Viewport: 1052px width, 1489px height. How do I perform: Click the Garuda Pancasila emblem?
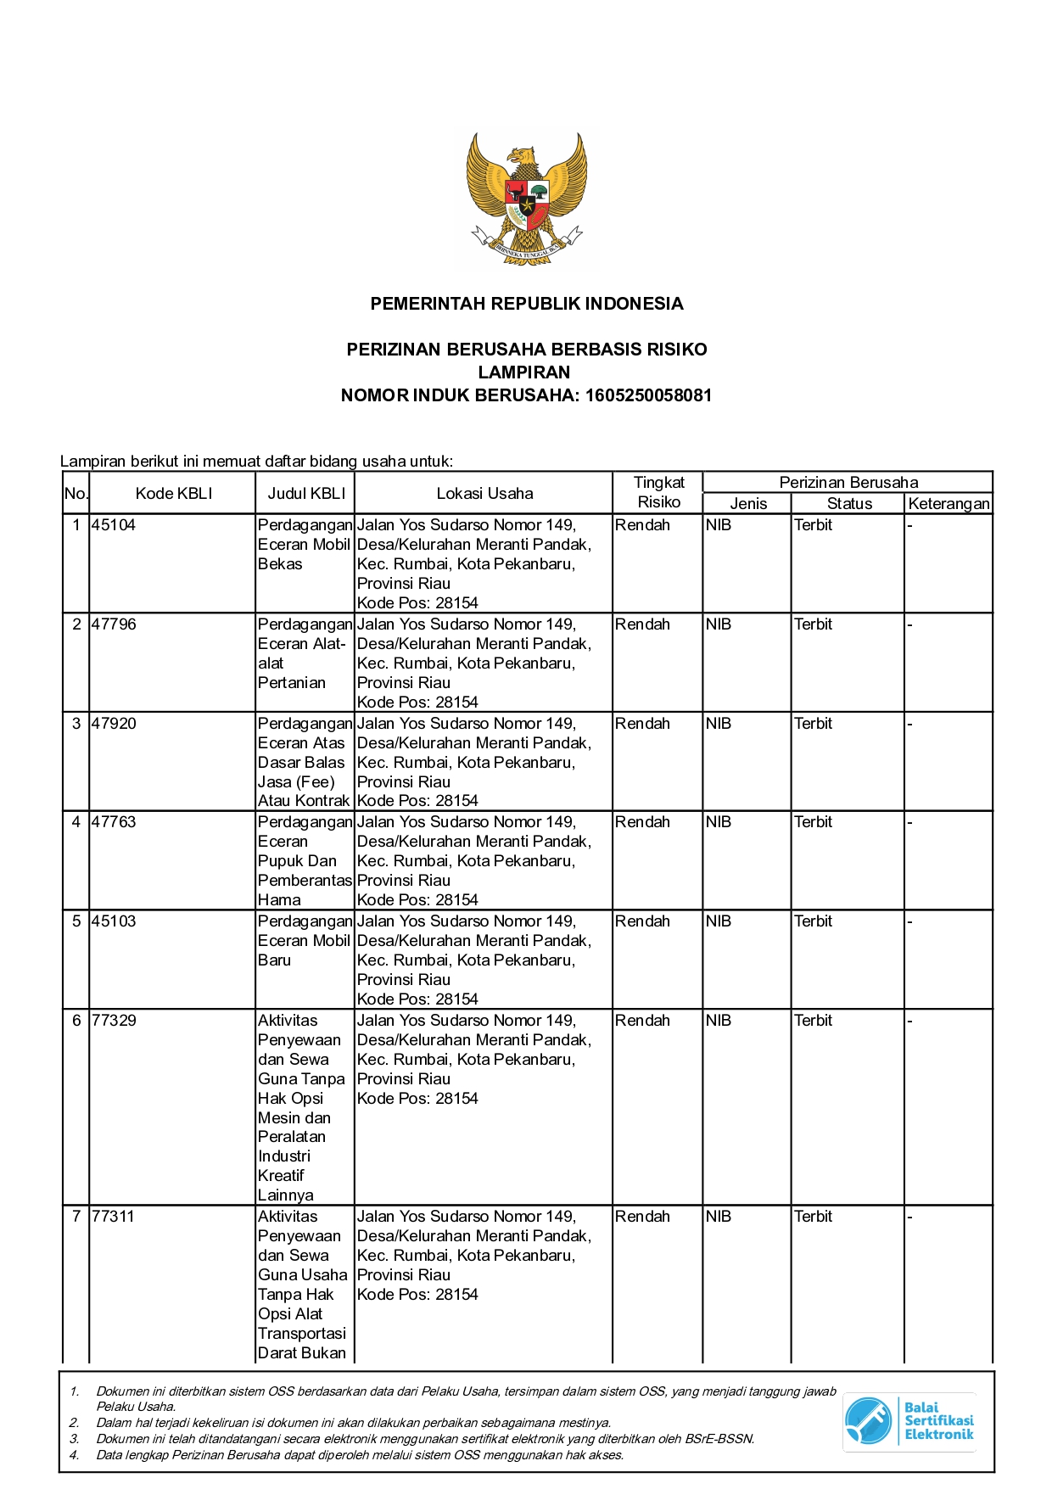tap(526, 199)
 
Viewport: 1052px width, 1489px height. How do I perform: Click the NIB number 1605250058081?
tap(648, 395)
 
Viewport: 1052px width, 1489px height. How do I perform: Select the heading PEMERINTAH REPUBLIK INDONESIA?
tap(526, 304)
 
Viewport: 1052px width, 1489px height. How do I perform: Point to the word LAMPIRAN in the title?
tap(524, 372)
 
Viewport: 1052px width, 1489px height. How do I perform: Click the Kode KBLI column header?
tap(173, 494)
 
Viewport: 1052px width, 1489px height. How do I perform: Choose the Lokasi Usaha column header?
tap(484, 494)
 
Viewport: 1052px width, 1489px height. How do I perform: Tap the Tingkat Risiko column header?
tap(658, 493)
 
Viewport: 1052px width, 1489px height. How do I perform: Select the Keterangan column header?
tap(948, 504)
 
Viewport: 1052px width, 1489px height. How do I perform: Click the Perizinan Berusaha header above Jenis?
tap(848, 483)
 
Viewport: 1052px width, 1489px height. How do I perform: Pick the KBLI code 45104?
tap(114, 525)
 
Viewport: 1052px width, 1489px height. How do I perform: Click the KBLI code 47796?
tap(114, 624)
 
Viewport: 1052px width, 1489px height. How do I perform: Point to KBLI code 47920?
tap(114, 724)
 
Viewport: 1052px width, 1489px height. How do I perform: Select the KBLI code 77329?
tap(114, 1021)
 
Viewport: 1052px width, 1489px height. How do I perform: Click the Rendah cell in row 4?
tap(642, 822)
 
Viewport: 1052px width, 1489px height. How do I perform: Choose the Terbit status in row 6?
tap(813, 1021)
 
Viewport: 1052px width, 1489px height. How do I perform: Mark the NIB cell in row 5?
tap(718, 921)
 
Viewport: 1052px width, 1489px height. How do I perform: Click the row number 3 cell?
tap(76, 724)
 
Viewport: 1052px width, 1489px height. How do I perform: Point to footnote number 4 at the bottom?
tap(75, 1455)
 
